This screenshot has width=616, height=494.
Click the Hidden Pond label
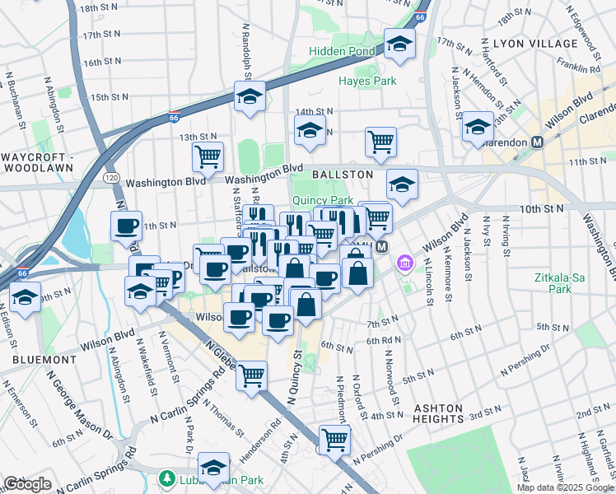click(x=343, y=51)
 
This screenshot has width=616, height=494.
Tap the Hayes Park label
click(x=367, y=81)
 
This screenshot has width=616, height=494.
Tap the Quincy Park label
click(x=321, y=200)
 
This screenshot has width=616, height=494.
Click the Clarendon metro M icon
click(x=538, y=142)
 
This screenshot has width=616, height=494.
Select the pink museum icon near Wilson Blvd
click(x=404, y=264)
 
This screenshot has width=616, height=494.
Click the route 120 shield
click(x=110, y=177)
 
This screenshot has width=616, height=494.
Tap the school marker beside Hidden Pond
click(x=399, y=44)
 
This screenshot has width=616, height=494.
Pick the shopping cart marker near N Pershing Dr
click(x=334, y=439)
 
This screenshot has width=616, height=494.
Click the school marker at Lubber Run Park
click(x=214, y=468)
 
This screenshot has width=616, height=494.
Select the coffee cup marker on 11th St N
click(x=126, y=226)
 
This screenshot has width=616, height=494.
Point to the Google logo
click(x=28, y=484)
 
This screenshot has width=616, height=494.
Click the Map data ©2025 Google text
click(x=564, y=487)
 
